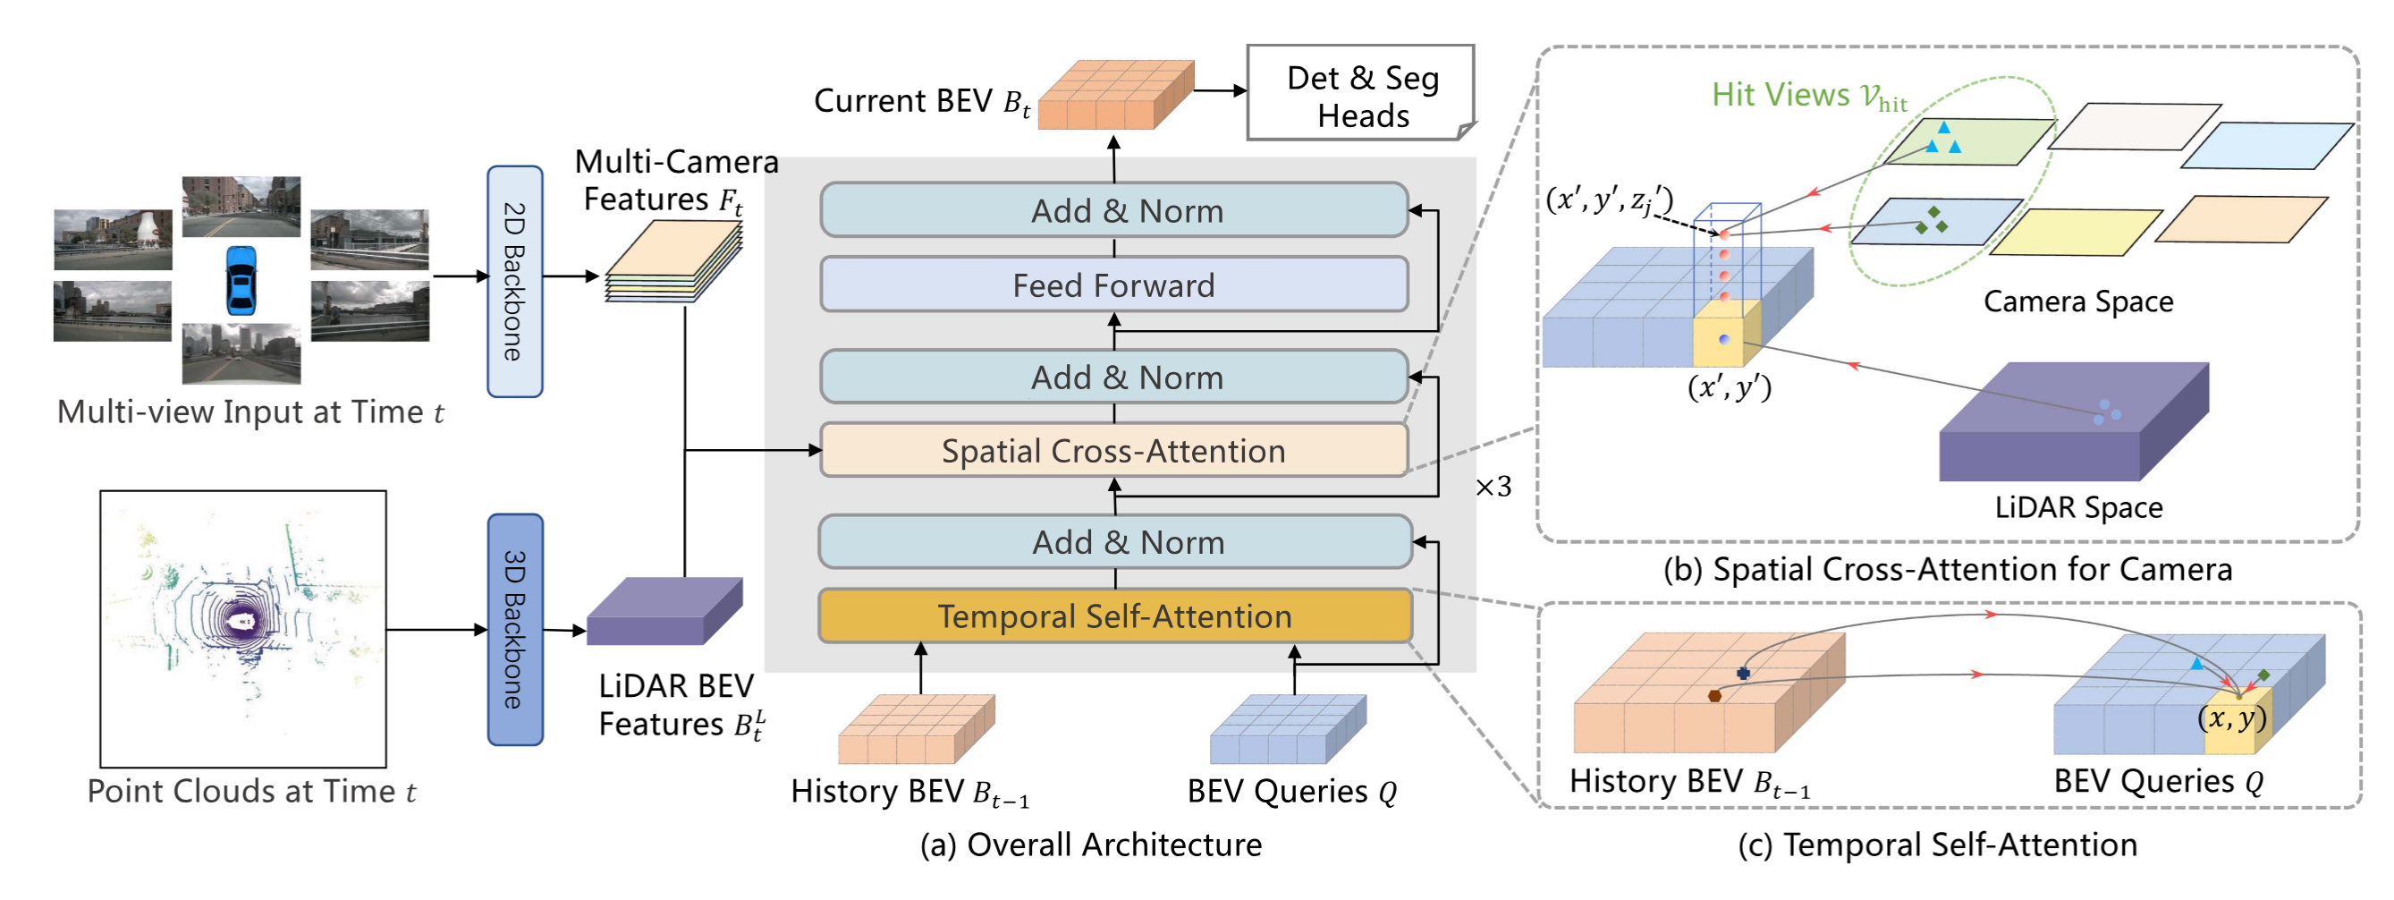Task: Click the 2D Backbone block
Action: tap(515, 282)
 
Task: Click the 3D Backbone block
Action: tap(515, 630)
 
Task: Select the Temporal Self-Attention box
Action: tap(1114, 616)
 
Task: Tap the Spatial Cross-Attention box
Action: tap(1113, 450)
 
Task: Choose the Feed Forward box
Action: tap(1113, 284)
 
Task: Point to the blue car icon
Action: tap(241, 280)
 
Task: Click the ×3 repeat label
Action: tap(1493, 487)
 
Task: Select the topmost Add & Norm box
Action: tap(1113, 210)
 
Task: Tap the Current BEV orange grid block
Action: tap(1115, 95)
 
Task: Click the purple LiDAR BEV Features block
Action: tap(664, 611)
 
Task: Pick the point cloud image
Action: tap(243, 629)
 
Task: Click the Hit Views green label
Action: tap(1809, 96)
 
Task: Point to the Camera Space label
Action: tap(2078, 301)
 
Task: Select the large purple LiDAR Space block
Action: tap(2073, 421)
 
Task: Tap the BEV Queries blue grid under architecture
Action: tap(1288, 729)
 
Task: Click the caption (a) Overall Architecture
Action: tap(1091, 845)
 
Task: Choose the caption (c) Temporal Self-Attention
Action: tap(1938, 845)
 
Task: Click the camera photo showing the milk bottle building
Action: tap(113, 240)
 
